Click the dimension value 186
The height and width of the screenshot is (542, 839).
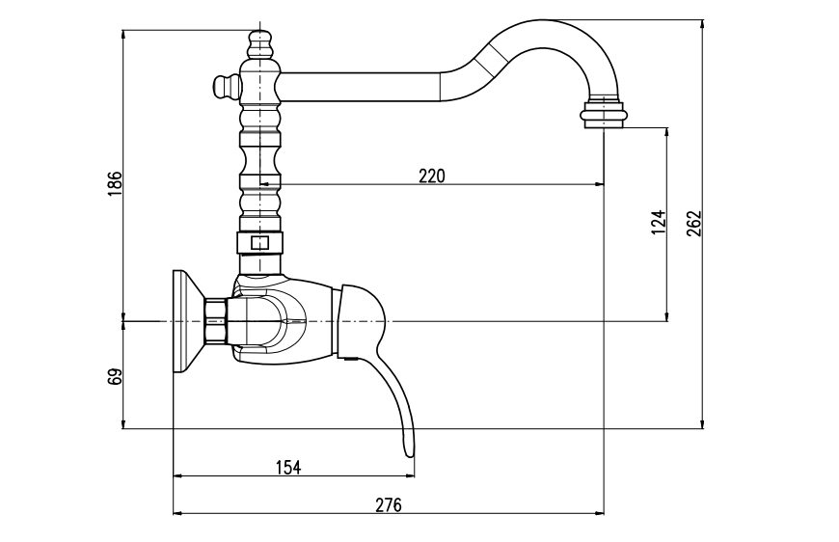coord(115,182)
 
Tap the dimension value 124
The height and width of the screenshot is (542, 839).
coord(659,223)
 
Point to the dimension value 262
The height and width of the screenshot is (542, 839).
coord(693,223)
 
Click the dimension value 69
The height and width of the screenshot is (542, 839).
coord(115,376)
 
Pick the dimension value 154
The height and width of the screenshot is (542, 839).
coord(288,467)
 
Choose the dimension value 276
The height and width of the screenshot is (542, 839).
coord(389,504)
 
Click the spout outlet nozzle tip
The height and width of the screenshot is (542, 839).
coord(604,117)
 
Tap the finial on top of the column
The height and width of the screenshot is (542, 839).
coord(260,43)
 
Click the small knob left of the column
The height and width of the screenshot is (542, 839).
coord(223,87)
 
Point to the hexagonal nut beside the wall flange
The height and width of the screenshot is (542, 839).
coord(215,320)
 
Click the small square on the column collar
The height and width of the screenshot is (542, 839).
coord(258,242)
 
